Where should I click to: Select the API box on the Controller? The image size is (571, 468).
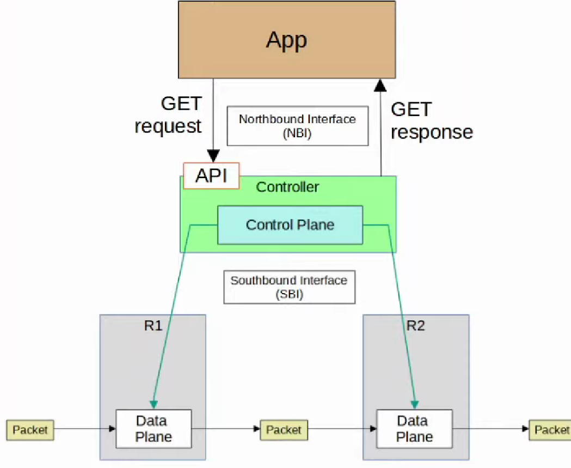point(211,176)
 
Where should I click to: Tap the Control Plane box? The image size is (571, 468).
point(290,224)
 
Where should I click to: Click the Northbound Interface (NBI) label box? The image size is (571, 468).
point(297,126)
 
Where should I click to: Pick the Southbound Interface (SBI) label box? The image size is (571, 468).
point(289,287)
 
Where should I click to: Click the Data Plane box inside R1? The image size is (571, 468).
point(154,429)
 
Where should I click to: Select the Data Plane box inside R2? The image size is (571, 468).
point(414,429)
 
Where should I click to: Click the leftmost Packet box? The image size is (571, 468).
point(30,430)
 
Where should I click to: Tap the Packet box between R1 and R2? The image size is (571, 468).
point(284,430)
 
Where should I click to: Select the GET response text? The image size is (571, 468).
point(431,121)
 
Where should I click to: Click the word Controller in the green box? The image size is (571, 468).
point(287,187)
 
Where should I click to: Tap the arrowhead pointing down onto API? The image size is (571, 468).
point(213,157)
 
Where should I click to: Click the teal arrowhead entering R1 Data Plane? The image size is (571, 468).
point(154,404)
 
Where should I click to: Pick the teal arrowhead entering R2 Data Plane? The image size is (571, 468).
point(415,404)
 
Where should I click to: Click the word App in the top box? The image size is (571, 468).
point(286,40)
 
